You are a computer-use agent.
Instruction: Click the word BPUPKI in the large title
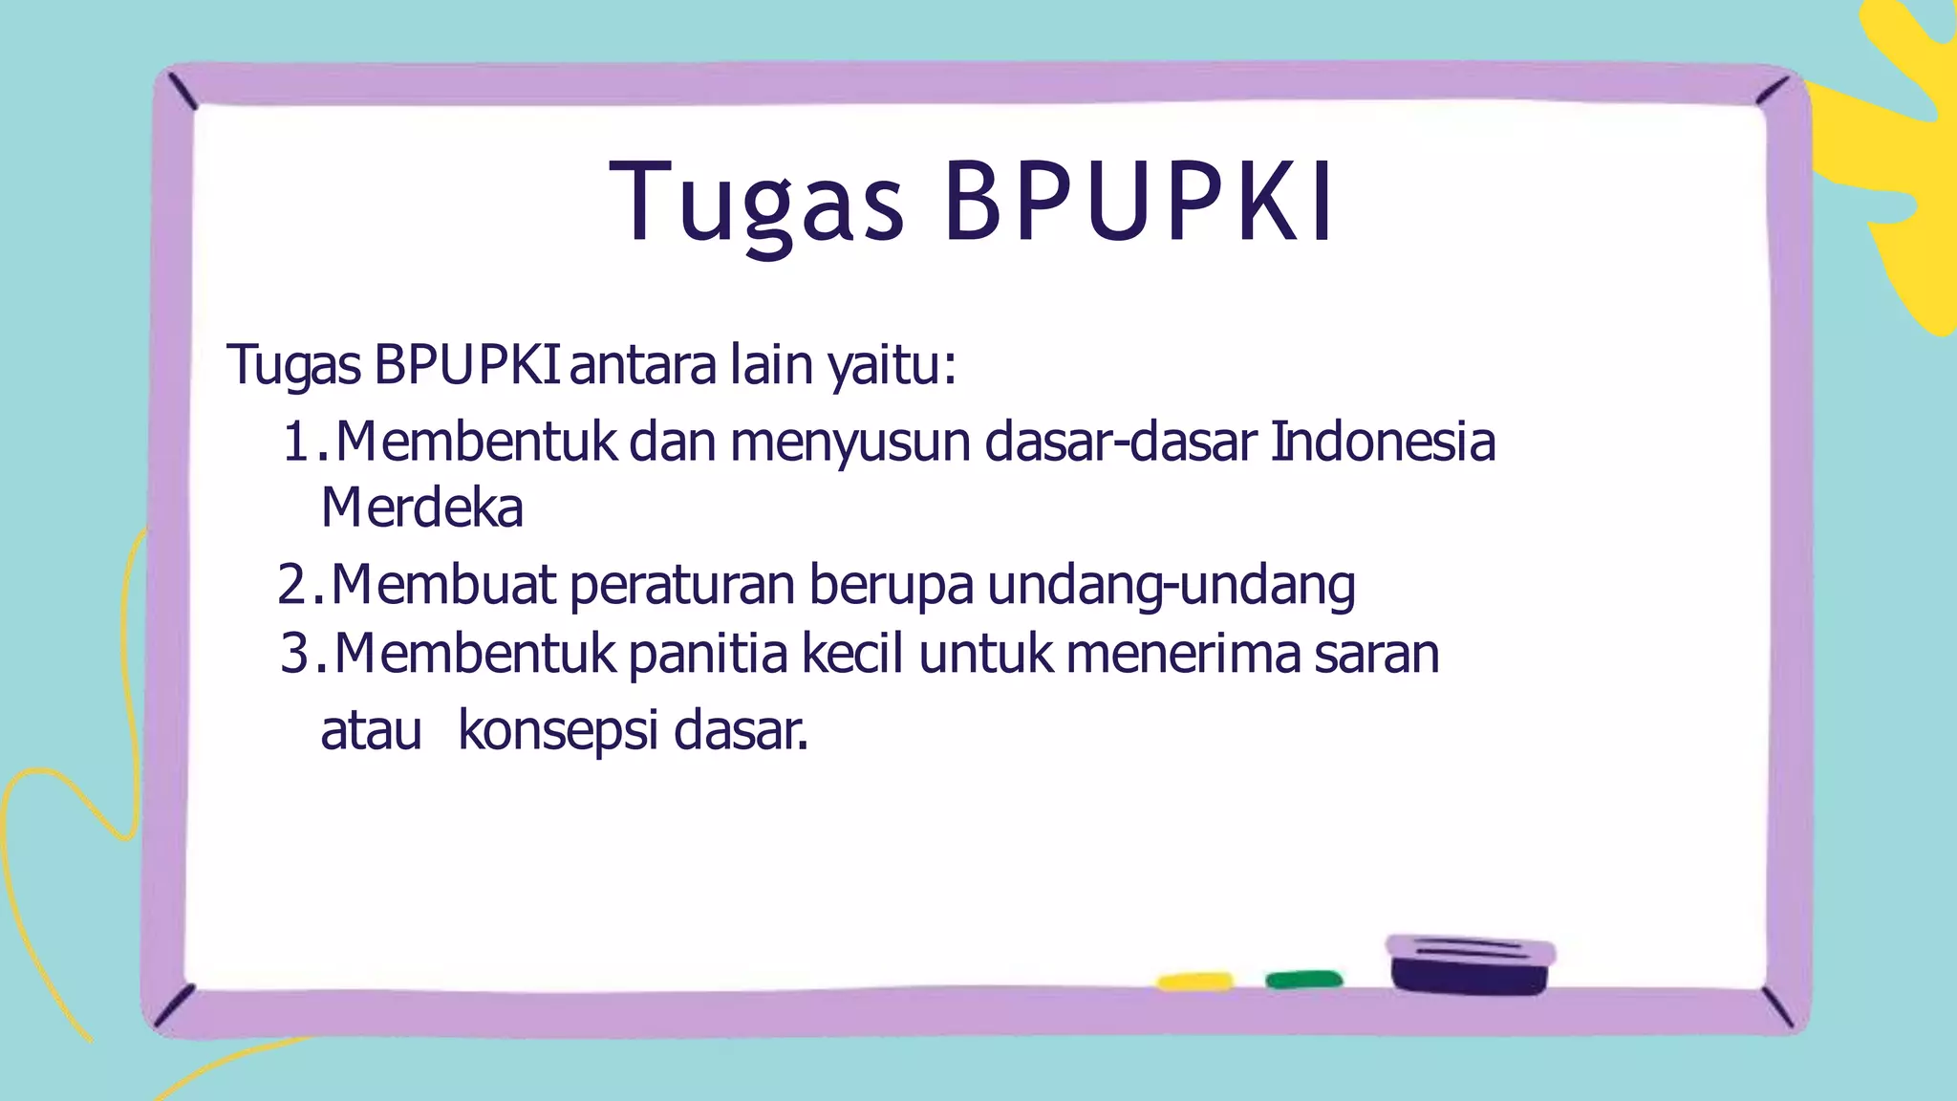[x=1139, y=203]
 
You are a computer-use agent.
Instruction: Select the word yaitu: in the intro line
[x=892, y=365]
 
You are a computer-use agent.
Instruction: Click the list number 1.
[x=298, y=443]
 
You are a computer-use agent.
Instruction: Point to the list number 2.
[x=294, y=585]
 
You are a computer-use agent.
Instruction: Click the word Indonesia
[x=1382, y=443]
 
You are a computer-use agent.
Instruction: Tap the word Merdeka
[x=421, y=507]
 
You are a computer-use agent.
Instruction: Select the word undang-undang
[x=1171, y=586]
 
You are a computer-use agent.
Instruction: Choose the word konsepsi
[x=558, y=731]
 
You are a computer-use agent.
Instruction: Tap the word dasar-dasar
[x=1120, y=443]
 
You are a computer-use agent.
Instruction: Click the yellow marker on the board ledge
[x=1194, y=982]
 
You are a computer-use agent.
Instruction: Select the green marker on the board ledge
[x=1303, y=980]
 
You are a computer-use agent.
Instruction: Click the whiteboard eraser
[x=1470, y=965]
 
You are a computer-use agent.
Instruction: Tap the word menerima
[x=1183, y=655]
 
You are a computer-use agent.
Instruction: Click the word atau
[x=371, y=731]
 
